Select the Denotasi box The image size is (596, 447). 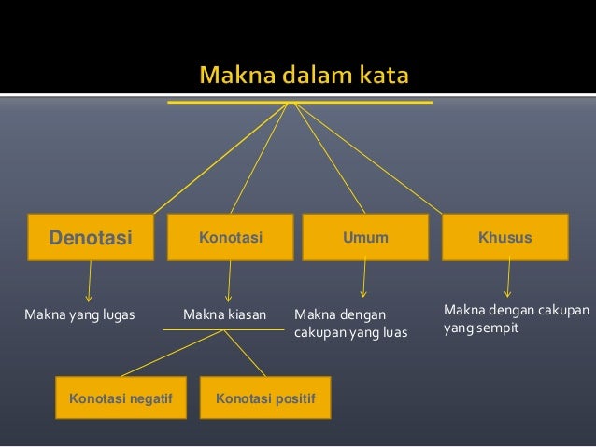click(x=90, y=237)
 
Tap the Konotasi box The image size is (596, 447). click(x=230, y=237)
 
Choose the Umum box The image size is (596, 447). click(x=365, y=237)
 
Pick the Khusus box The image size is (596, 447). click(x=504, y=237)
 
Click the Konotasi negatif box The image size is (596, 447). click(x=121, y=398)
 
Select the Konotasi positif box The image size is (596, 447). click(x=265, y=398)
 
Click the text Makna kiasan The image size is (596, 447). click(x=224, y=314)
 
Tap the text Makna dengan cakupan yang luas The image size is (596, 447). click(x=350, y=323)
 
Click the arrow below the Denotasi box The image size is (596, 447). click(x=90, y=281)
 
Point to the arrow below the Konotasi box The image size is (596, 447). click(x=228, y=281)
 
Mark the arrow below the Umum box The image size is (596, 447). click(x=363, y=278)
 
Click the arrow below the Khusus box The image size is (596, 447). click(x=508, y=278)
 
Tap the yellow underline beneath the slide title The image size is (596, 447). click(x=300, y=102)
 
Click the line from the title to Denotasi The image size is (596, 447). click(x=220, y=158)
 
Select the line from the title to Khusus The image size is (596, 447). click(x=369, y=158)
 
